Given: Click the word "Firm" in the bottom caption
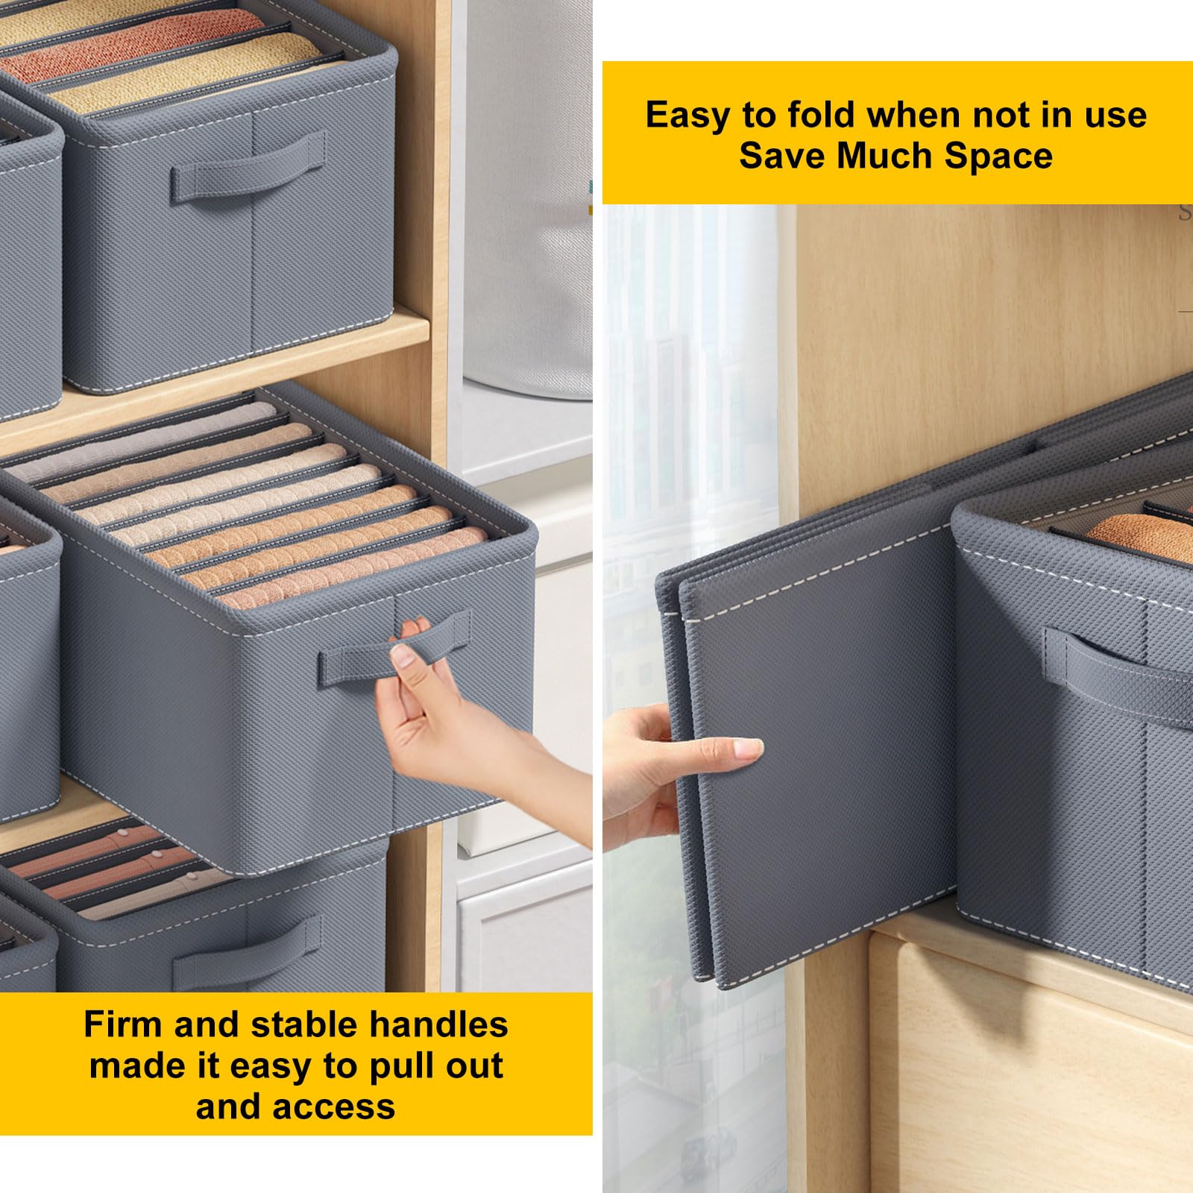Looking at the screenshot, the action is point(122,1024).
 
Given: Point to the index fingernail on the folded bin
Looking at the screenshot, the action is point(749,748).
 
